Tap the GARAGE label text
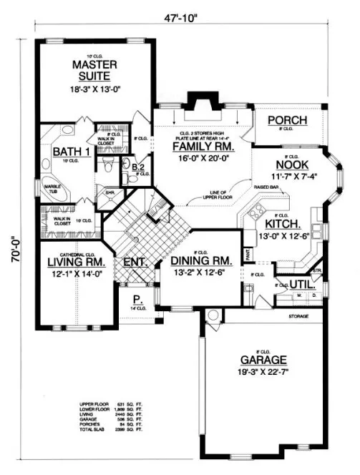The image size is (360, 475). pos(256,360)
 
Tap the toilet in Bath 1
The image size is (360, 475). pos(107,166)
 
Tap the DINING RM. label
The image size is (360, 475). pos(199,261)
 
